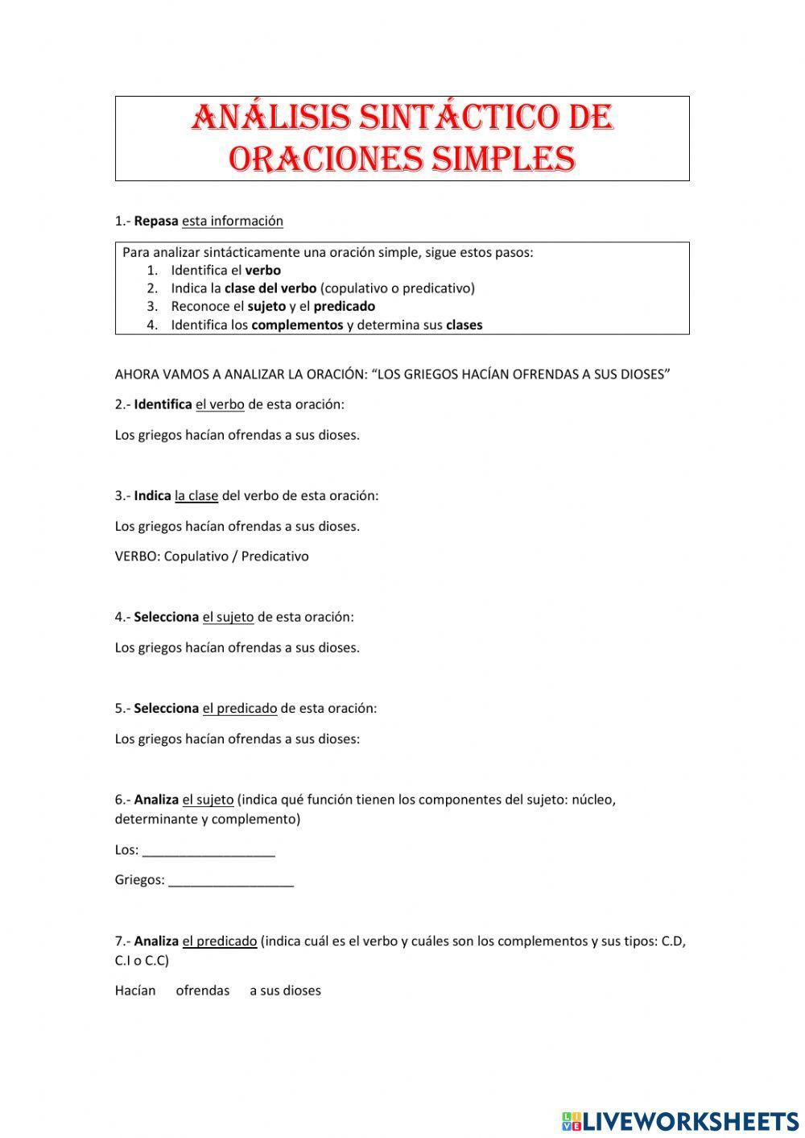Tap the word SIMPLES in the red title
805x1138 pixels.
click(x=503, y=159)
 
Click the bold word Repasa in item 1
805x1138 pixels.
click(x=156, y=221)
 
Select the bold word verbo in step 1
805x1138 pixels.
click(x=262, y=271)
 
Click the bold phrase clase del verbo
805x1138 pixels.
click(x=270, y=288)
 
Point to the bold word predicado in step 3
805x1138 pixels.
click(x=345, y=306)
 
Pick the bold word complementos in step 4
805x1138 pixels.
click(x=297, y=325)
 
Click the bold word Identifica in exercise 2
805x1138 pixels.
click(x=163, y=404)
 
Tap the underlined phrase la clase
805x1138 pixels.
click(x=196, y=495)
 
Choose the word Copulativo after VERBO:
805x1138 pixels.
click(x=196, y=557)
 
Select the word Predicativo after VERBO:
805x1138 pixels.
click(x=275, y=557)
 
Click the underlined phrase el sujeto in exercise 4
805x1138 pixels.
click(x=228, y=617)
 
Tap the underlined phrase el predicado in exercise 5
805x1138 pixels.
click(x=239, y=709)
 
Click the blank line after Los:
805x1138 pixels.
click(x=208, y=850)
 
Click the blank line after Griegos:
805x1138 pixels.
click(x=232, y=880)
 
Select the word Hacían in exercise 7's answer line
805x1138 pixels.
click(x=135, y=991)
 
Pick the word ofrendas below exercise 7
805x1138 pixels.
click(x=203, y=991)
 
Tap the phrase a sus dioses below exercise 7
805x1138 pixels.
click(x=285, y=991)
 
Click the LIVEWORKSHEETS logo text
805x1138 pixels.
click(x=690, y=1120)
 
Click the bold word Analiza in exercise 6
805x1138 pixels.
click(x=156, y=800)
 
